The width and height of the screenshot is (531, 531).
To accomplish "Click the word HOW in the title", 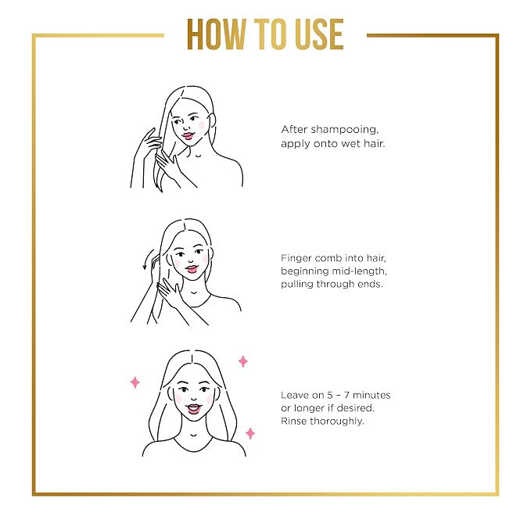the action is pyautogui.click(x=215, y=34).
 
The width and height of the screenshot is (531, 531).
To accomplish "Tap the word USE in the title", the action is pyautogui.click(x=319, y=34).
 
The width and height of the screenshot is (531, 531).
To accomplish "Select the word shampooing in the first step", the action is pyautogui.click(x=344, y=130).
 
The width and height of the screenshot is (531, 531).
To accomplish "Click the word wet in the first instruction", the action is pyautogui.click(x=351, y=144).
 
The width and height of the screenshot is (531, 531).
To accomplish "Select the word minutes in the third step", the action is pyautogui.click(x=371, y=395).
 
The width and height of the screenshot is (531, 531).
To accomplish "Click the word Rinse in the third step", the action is pyautogui.click(x=293, y=421).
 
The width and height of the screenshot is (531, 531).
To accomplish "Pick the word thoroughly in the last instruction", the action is pyautogui.click(x=336, y=422).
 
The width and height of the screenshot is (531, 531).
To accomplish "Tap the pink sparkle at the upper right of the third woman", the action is pyautogui.click(x=242, y=361).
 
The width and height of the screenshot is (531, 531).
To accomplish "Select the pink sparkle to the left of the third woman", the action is pyautogui.click(x=135, y=382).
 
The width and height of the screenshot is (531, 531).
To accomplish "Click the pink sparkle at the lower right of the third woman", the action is pyautogui.click(x=250, y=433).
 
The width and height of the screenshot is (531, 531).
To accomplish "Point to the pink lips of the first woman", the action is pyautogui.click(x=188, y=136).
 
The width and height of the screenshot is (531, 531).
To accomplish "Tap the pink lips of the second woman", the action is pyautogui.click(x=191, y=269).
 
